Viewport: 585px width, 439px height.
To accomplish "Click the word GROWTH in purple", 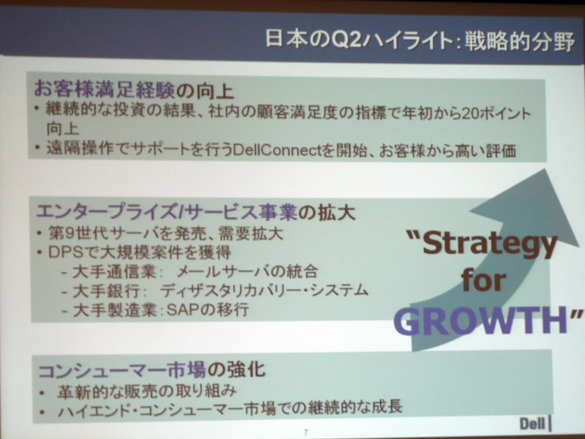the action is (x=481, y=321).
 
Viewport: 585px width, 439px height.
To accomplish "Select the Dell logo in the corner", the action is (x=535, y=424).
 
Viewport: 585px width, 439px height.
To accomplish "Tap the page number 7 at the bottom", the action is (x=306, y=432).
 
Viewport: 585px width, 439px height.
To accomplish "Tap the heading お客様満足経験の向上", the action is (x=134, y=90).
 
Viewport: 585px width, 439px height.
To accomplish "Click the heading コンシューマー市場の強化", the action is (x=152, y=370).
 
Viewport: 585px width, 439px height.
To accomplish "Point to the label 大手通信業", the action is (x=115, y=271).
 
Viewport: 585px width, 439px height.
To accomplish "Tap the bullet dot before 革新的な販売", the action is (x=43, y=393).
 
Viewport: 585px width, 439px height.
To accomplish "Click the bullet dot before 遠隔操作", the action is (x=37, y=147).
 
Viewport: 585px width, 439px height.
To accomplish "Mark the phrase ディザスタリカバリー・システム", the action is (x=265, y=290).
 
